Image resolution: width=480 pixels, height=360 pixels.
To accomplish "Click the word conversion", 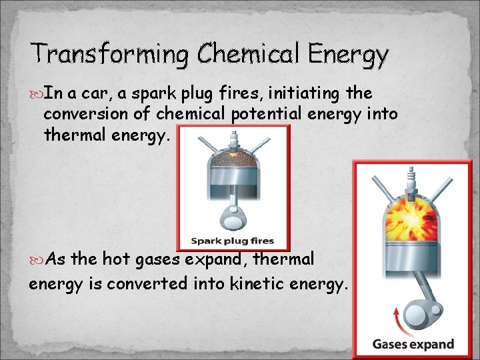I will click(x=86, y=115).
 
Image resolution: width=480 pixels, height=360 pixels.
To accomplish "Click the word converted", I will click(x=159, y=285).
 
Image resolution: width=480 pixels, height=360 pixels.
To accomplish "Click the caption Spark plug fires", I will click(x=233, y=241).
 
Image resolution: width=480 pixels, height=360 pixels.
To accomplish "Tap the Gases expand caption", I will click(x=413, y=345).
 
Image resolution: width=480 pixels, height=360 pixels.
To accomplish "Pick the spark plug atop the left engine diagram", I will click(x=233, y=141).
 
